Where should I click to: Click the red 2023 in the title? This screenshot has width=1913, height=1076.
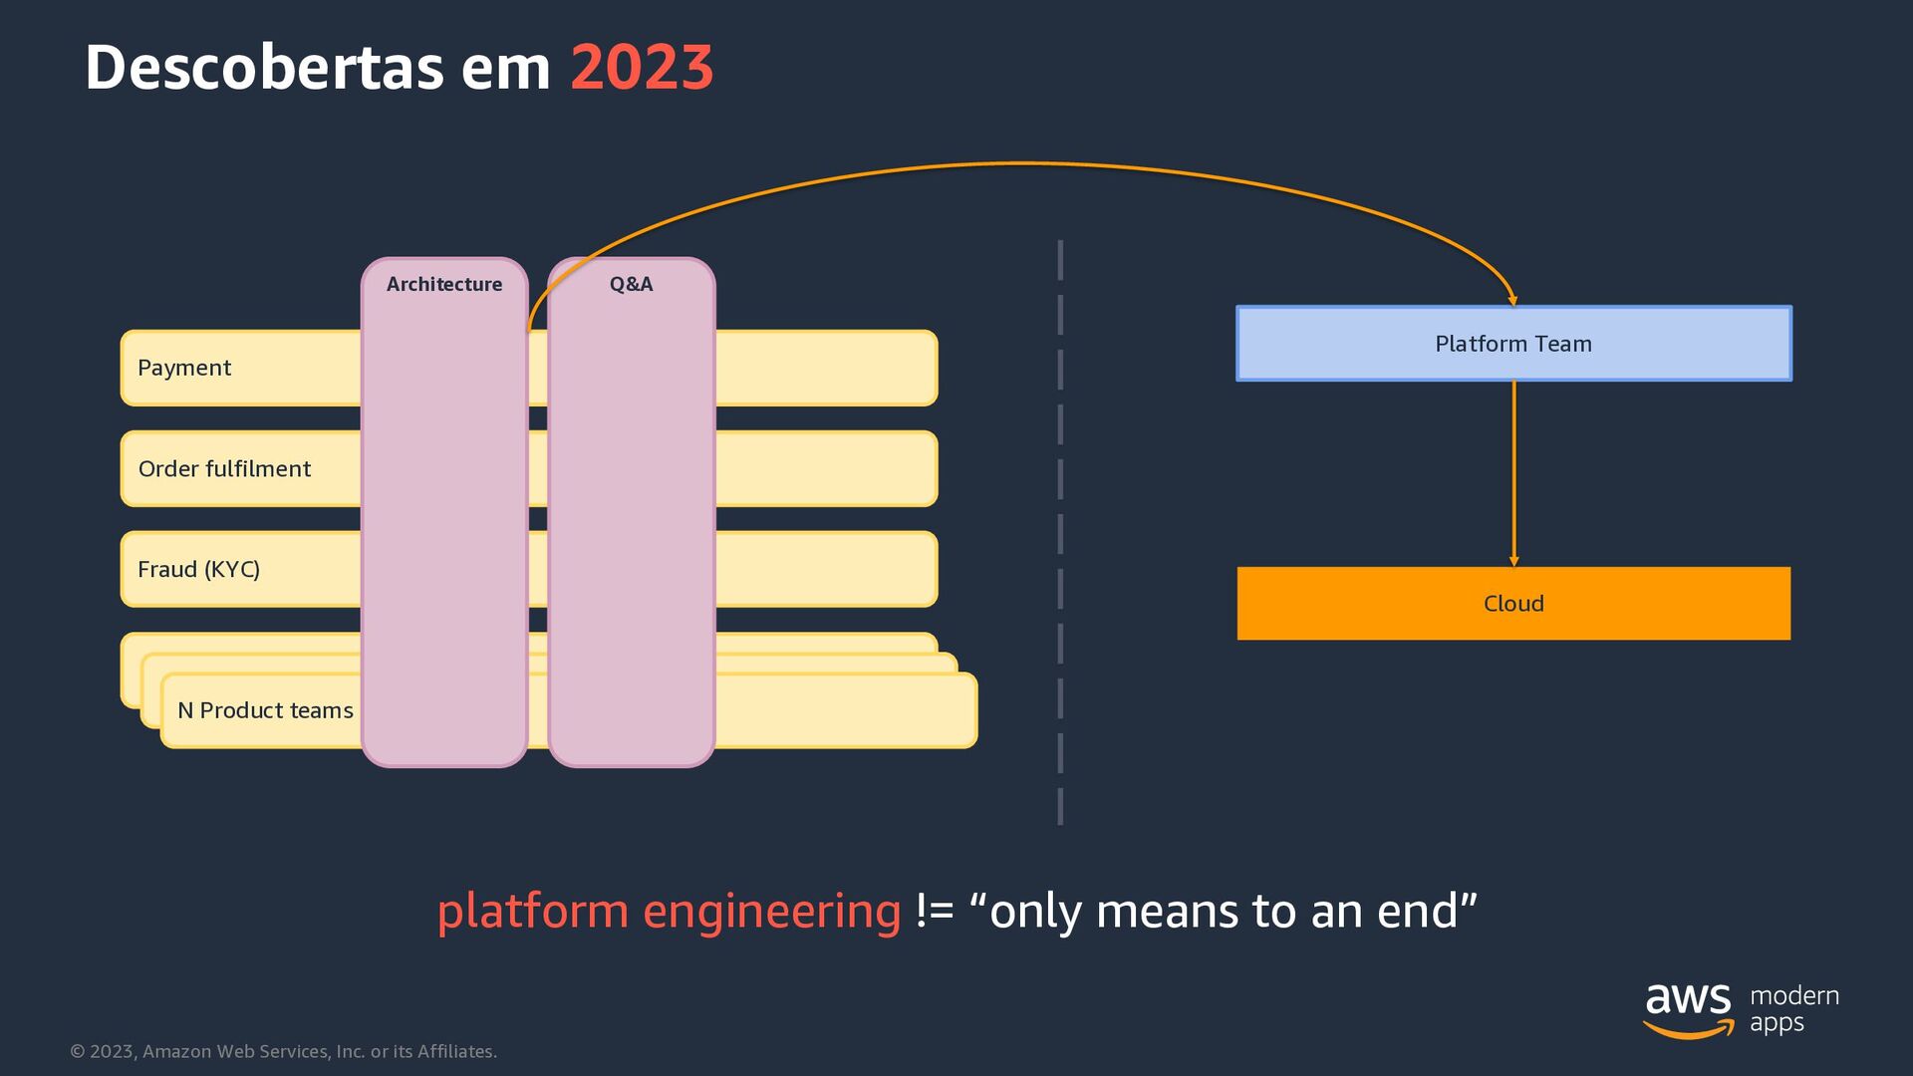point(642,68)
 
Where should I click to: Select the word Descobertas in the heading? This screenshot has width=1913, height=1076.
point(263,68)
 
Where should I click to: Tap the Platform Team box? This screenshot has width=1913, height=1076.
point(1512,344)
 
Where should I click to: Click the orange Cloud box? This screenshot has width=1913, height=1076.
point(1512,604)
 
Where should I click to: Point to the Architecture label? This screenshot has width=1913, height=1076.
point(444,284)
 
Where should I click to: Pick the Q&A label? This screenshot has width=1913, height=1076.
point(631,284)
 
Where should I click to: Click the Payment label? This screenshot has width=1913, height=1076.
point(184,368)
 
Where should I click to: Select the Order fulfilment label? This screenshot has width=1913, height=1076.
point(224,468)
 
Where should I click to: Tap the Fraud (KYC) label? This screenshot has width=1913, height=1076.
point(198,569)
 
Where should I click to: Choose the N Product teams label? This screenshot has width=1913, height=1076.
point(265,710)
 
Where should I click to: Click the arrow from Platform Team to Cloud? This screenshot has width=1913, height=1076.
point(1513,473)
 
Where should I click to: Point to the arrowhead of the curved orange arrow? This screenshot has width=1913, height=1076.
point(1512,299)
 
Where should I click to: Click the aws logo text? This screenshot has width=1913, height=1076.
point(1688,998)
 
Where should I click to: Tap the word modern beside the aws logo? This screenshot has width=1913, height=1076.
point(1794,995)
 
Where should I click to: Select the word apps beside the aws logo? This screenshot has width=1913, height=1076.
point(1776,1023)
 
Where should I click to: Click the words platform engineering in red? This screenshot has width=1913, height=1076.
point(669,911)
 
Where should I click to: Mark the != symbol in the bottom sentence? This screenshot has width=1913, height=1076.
point(935,911)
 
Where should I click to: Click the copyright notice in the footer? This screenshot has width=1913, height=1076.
point(283,1051)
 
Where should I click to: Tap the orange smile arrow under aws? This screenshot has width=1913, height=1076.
point(1688,1029)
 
